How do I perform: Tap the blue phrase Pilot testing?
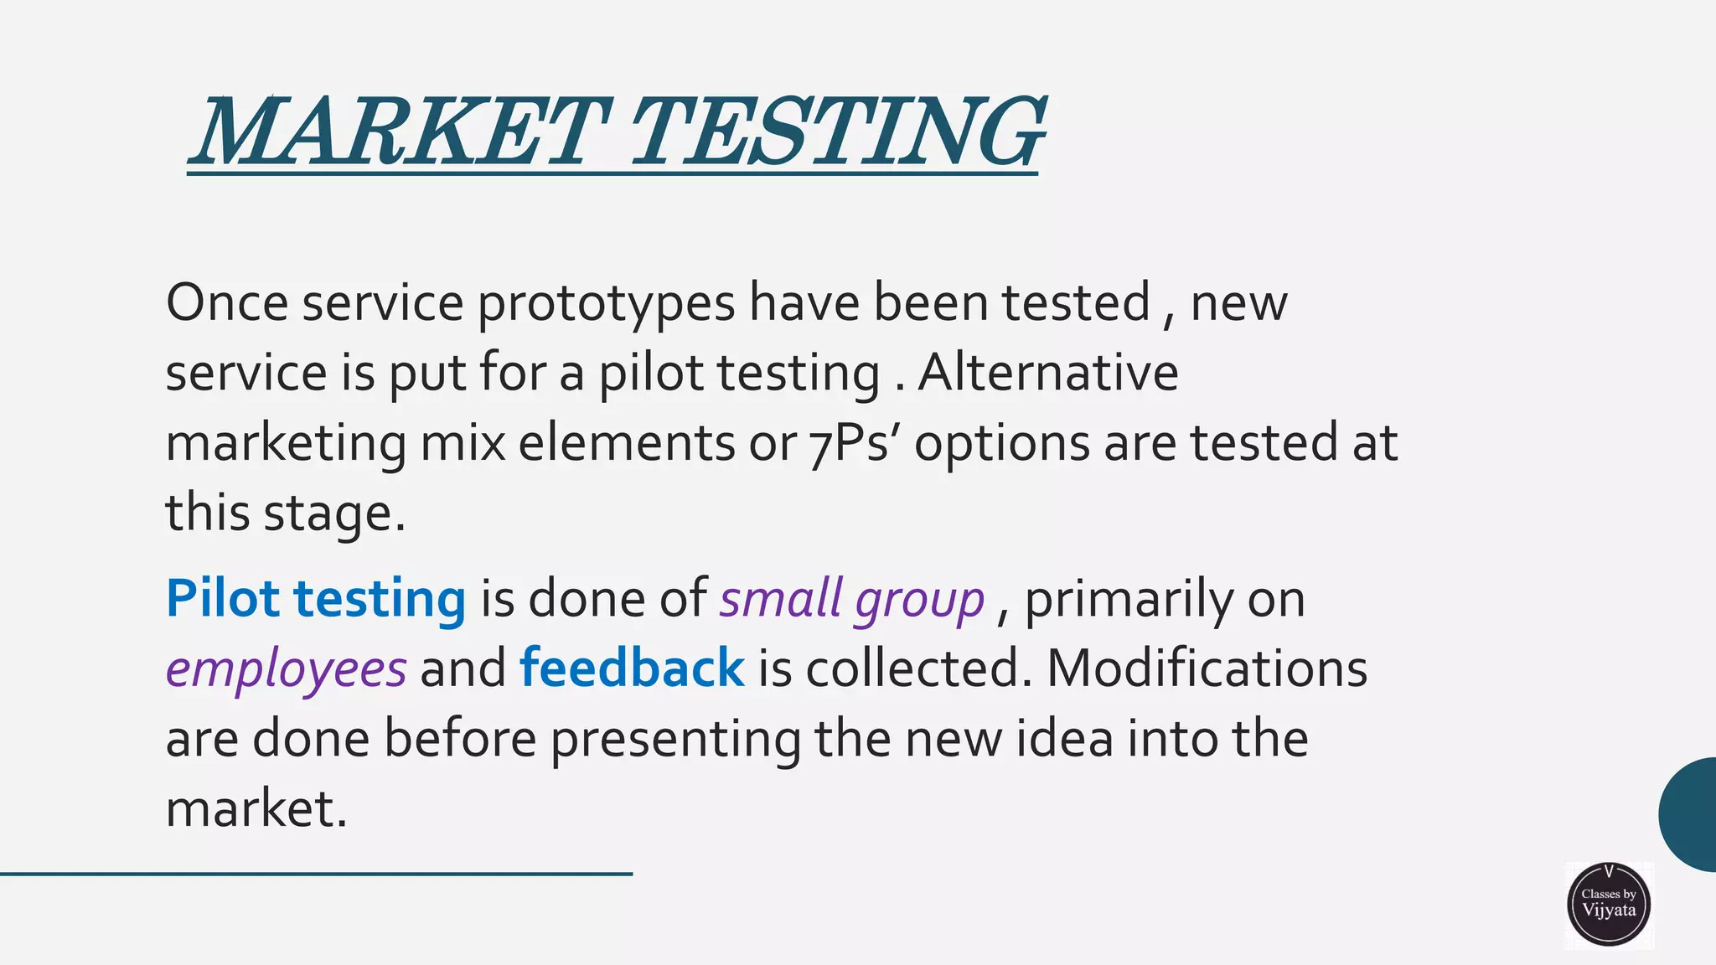[x=316, y=599]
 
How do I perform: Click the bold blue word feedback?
[x=632, y=668]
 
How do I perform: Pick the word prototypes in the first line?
[x=606, y=304]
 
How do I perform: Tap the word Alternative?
[x=1048, y=373]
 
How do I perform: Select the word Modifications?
[x=1207, y=668]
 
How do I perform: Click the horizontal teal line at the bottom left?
[x=316, y=874]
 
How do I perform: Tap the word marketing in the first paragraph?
[x=286, y=444]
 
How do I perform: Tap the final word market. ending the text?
[x=256, y=809]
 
